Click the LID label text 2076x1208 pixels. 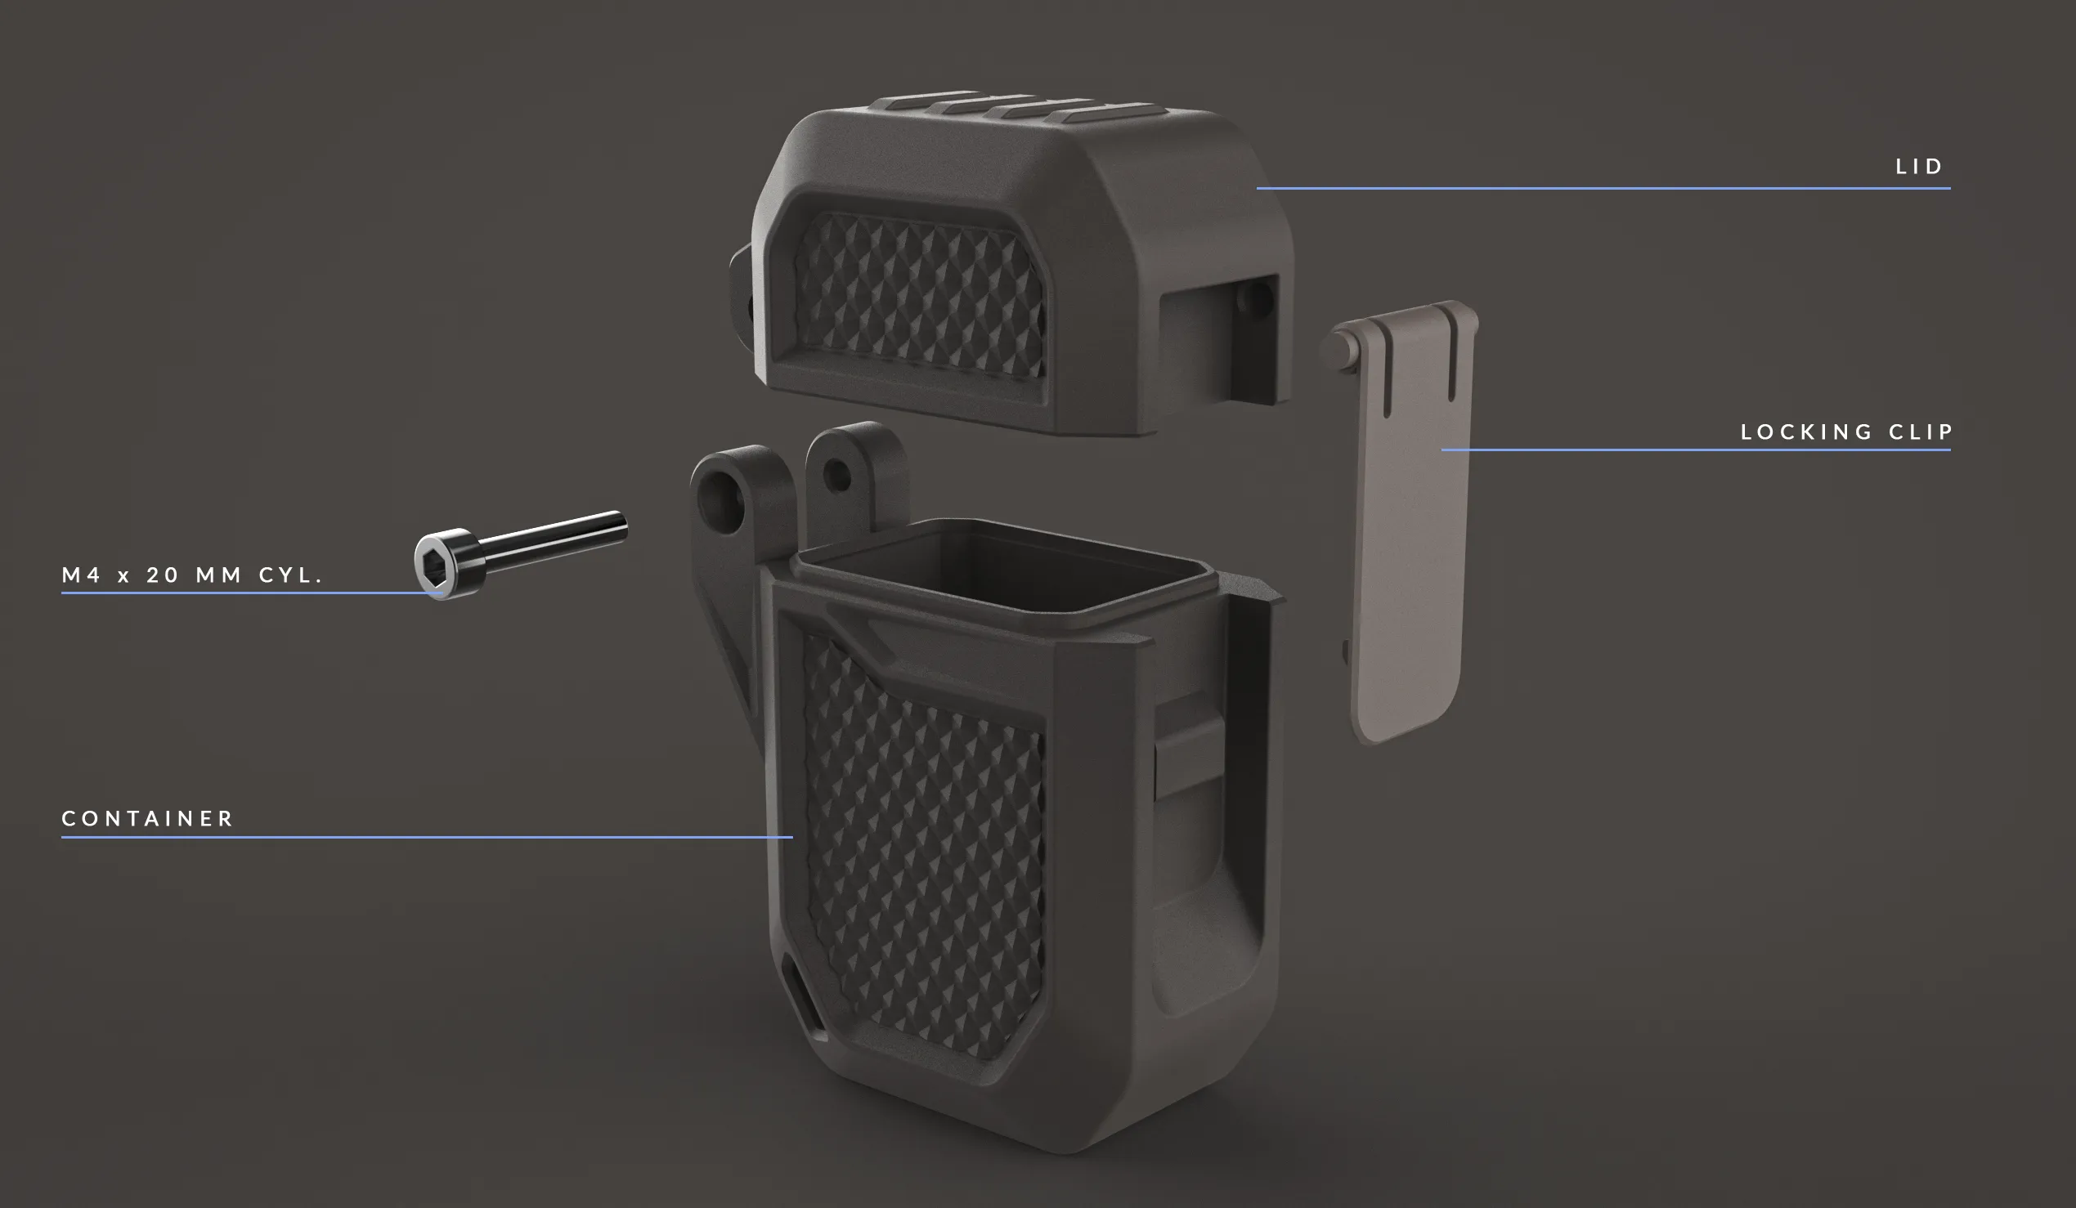[1919, 168]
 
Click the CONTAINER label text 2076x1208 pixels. [148, 818]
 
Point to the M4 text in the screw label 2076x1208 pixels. [82, 575]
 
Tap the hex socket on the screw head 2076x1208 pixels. [434, 565]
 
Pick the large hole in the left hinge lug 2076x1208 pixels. [721, 500]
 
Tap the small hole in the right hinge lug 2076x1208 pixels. [837, 476]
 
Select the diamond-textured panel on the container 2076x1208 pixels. [922, 848]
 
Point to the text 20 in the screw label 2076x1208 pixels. [162, 575]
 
